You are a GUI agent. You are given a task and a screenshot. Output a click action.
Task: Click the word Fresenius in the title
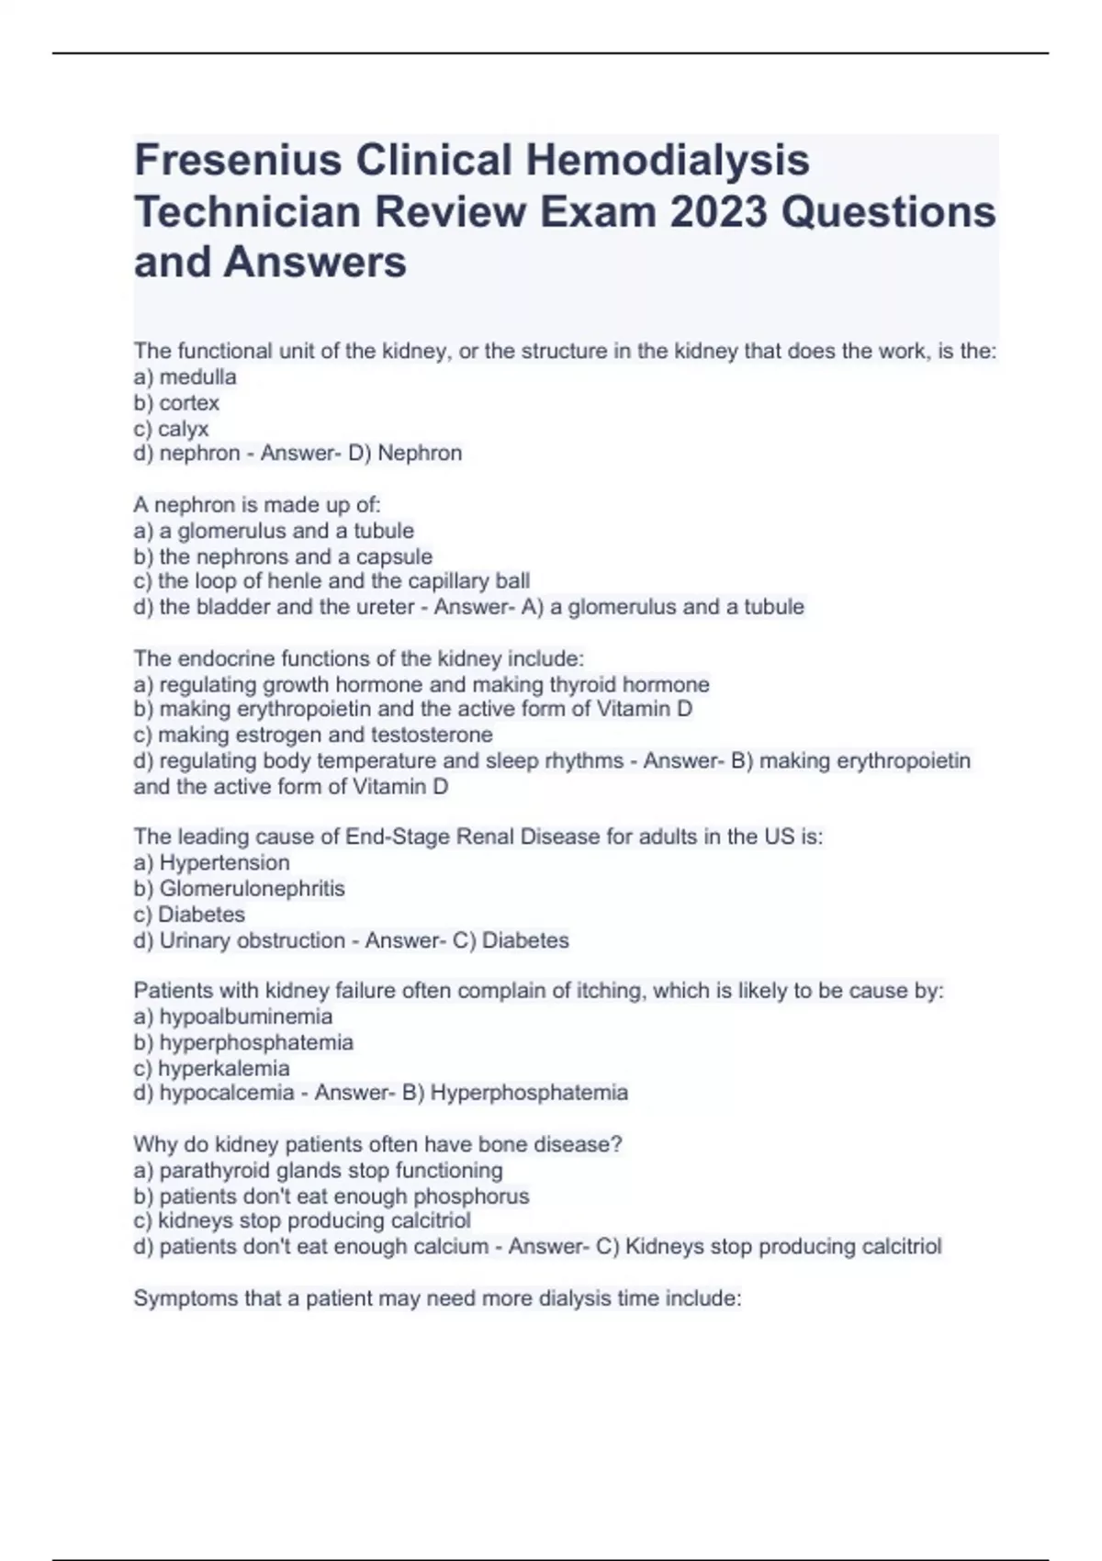238,160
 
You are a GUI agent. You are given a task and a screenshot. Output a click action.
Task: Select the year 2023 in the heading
719,212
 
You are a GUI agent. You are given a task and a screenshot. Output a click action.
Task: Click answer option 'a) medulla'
185,376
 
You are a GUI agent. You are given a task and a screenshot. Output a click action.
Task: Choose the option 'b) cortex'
176,402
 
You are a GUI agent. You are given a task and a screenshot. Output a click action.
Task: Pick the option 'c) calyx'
172,428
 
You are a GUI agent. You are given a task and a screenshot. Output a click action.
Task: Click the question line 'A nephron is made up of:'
257,504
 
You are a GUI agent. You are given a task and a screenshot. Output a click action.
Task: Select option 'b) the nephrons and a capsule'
283,556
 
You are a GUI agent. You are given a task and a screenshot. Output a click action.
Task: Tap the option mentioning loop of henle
332,581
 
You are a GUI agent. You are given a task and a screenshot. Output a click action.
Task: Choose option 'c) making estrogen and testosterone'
313,735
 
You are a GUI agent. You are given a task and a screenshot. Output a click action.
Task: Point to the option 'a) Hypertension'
211,862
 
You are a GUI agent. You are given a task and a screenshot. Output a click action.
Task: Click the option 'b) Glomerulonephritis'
239,888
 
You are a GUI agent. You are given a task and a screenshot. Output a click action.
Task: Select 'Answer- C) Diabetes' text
467,940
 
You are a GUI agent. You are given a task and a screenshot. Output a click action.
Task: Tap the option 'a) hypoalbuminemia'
233,1016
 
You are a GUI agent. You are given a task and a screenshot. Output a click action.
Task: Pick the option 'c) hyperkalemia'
211,1068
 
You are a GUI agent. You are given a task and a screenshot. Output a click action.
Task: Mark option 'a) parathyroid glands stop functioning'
318,1170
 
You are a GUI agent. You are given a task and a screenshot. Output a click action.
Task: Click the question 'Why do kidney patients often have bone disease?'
377,1144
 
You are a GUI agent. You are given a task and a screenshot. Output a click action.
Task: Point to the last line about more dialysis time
437,1298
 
